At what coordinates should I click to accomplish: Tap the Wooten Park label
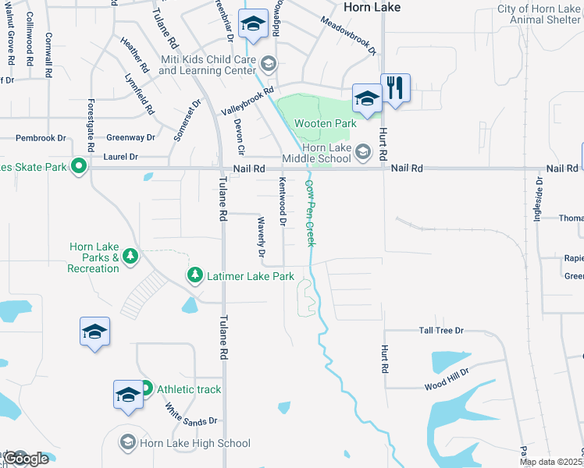pyautogui.click(x=325, y=123)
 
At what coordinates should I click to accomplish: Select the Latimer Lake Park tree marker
pyautogui.click(x=194, y=275)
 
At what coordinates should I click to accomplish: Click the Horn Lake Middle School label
pyautogui.click(x=326, y=153)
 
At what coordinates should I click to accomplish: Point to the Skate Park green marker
pyautogui.click(x=78, y=165)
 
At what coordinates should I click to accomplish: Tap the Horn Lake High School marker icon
pyautogui.click(x=128, y=443)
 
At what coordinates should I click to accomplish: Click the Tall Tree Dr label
pyautogui.click(x=441, y=331)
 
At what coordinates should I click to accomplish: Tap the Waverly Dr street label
pyautogui.click(x=262, y=237)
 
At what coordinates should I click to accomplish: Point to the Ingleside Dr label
pyautogui.click(x=538, y=200)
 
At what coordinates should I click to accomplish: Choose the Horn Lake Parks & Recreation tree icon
pyautogui.click(x=130, y=256)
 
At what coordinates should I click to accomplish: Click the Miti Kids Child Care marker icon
pyautogui.click(x=269, y=63)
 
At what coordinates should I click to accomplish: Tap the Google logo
pyautogui.click(x=27, y=459)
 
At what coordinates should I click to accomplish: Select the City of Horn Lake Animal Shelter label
pyautogui.click(x=539, y=15)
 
